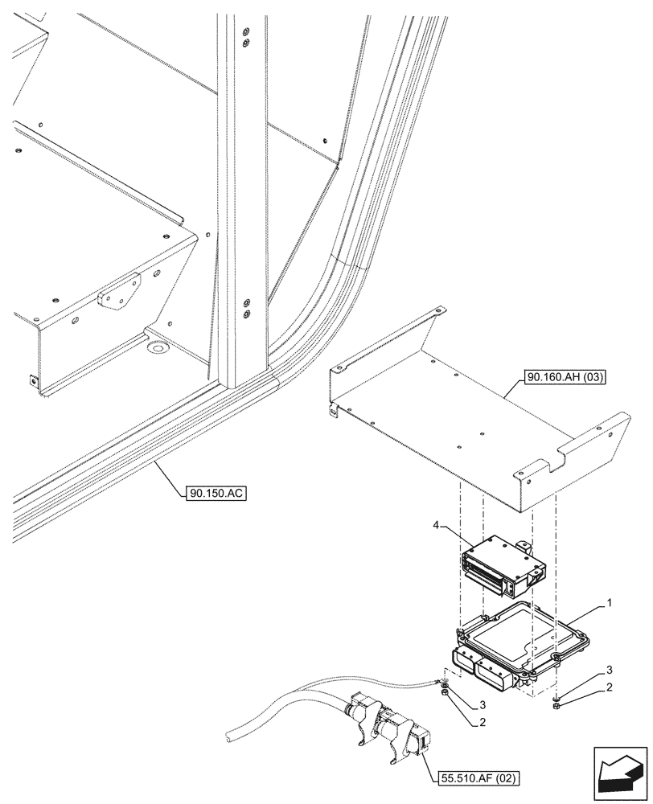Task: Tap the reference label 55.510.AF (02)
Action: tap(479, 777)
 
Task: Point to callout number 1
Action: tap(610, 602)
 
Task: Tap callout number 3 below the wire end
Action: tap(482, 705)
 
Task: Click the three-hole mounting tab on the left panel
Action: tap(119, 290)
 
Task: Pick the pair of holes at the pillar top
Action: tap(246, 37)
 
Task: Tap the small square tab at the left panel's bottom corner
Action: tap(32, 381)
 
